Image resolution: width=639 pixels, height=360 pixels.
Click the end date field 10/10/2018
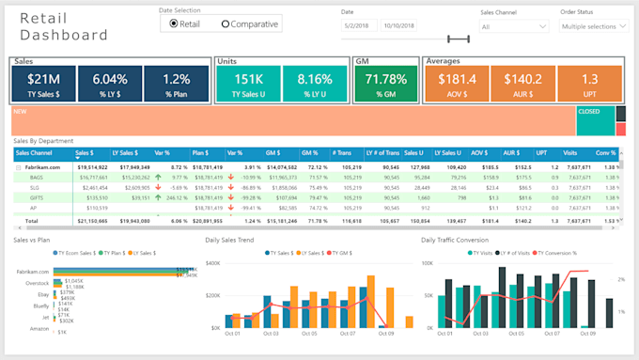(x=402, y=26)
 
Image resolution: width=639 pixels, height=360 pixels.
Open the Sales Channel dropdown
(x=512, y=26)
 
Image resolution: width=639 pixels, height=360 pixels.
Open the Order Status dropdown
(x=594, y=26)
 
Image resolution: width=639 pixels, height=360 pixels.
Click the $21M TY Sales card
(x=43, y=84)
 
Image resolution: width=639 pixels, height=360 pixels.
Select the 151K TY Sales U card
(x=248, y=84)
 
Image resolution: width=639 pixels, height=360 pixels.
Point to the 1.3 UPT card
(x=590, y=84)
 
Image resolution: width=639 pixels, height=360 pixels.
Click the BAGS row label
(x=37, y=176)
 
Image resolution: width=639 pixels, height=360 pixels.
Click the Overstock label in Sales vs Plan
(x=38, y=282)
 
